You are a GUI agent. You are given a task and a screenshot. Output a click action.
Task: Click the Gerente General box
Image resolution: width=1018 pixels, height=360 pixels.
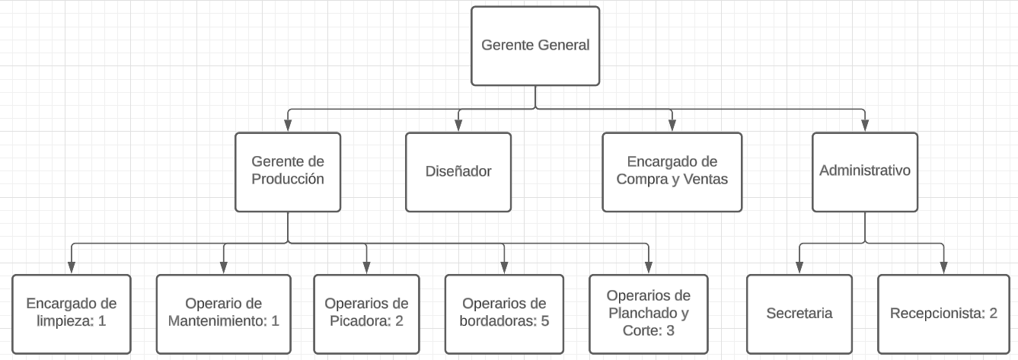pos(535,46)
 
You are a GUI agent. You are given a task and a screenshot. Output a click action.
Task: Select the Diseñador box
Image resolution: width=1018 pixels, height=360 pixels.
pos(458,172)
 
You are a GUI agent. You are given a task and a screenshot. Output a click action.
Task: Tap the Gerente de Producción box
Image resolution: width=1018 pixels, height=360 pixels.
pos(288,172)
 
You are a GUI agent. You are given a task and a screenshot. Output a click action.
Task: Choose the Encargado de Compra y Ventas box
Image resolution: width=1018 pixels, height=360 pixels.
pos(672,172)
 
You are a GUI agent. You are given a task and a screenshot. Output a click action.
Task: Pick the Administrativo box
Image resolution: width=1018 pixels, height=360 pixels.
pos(865,172)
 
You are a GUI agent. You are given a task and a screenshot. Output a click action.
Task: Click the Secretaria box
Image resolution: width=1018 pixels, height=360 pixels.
pos(799,314)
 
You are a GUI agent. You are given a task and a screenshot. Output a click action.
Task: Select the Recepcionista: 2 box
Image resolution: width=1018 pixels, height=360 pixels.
pos(943,314)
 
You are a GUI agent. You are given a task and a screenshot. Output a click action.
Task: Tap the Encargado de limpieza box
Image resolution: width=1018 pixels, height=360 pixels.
pos(72,314)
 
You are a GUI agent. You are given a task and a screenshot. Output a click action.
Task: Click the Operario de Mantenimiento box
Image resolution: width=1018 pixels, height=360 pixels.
pos(224,314)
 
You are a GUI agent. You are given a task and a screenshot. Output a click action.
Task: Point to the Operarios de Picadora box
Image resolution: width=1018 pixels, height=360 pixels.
pos(366,314)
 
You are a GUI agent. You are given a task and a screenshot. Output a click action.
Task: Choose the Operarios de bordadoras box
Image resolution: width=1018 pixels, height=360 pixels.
pos(504,314)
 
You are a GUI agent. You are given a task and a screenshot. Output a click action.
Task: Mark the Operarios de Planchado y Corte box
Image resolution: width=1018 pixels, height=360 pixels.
pos(649,314)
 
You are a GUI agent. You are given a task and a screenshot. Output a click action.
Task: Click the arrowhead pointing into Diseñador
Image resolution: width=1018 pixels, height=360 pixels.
pos(458,126)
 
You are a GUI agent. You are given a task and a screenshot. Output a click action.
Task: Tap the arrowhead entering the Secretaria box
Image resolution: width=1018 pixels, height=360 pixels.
pos(799,267)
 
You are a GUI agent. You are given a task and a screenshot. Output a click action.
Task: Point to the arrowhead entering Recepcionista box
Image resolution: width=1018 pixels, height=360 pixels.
pos(943,267)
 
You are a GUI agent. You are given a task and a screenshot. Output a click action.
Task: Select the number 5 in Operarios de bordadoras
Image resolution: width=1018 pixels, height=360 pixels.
pos(545,321)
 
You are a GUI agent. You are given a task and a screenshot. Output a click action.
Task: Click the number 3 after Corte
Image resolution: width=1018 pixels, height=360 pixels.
pos(670,330)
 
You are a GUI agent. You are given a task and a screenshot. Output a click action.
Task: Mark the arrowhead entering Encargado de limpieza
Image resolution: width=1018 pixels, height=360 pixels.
pos(72,267)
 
